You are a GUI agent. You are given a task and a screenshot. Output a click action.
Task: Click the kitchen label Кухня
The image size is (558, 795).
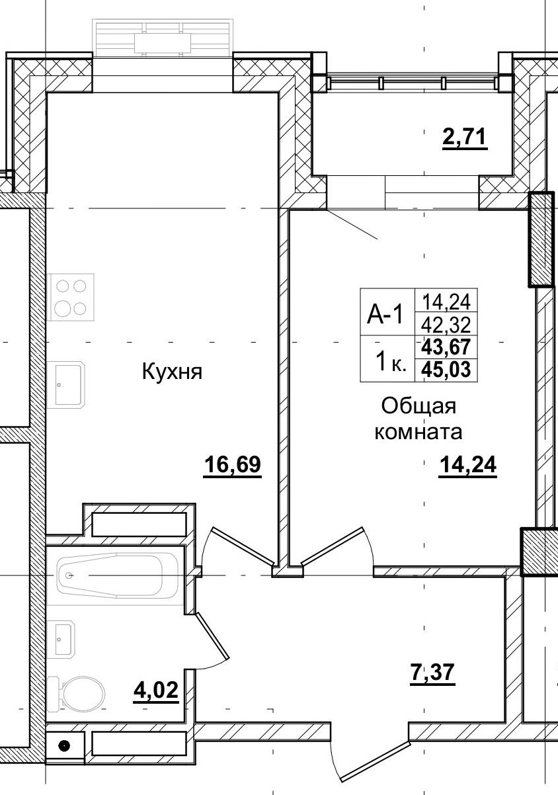coord(171,372)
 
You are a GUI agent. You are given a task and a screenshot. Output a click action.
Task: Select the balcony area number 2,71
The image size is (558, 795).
coord(464,138)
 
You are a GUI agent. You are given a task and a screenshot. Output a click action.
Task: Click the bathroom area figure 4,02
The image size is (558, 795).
coord(156,691)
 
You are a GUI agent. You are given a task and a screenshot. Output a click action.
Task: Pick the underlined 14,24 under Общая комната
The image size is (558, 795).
coord(467,466)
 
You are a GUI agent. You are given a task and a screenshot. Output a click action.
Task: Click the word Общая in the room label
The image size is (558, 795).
coord(419,405)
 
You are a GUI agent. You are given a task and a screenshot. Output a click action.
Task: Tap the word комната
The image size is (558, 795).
coord(418,433)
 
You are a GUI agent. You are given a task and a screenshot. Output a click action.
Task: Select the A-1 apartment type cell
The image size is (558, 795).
coord(386,314)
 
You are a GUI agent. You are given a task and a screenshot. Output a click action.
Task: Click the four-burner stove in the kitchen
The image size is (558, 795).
coord(71,297)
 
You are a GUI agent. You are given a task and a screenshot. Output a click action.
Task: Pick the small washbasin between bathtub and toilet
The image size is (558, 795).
coord(63,640)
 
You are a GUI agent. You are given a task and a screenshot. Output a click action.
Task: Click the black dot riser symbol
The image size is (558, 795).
coord(63,746)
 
